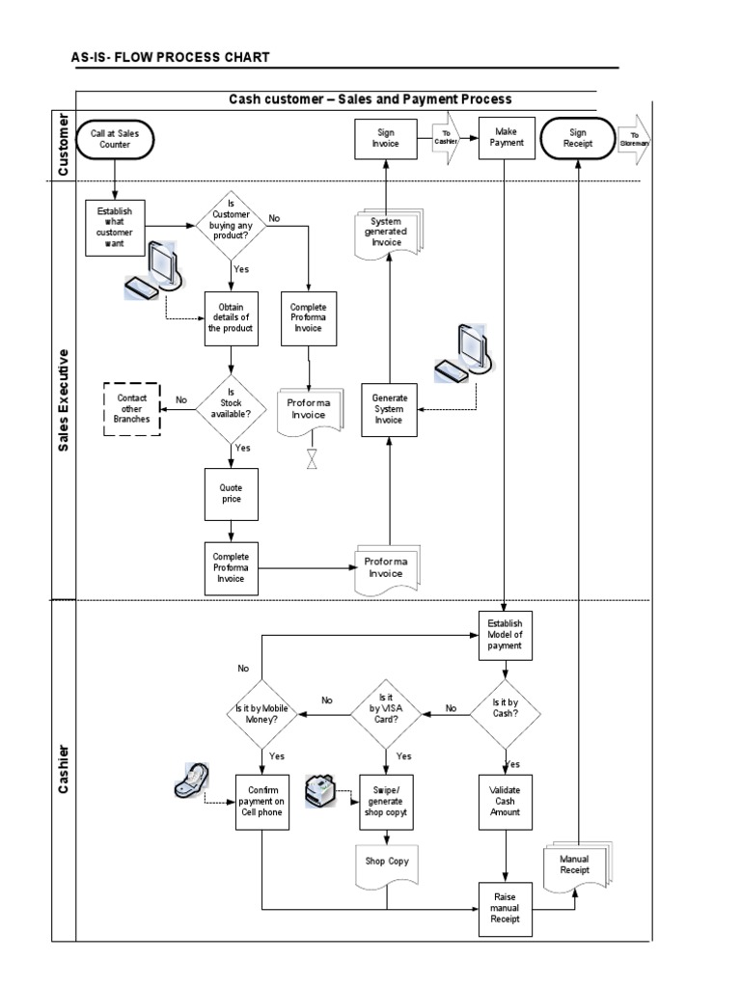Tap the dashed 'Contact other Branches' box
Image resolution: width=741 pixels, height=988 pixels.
[x=131, y=408]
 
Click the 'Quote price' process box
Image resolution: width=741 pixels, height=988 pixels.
[x=231, y=494]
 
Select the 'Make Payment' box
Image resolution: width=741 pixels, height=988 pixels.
[x=506, y=138]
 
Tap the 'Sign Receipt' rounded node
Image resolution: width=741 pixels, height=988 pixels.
[x=578, y=139]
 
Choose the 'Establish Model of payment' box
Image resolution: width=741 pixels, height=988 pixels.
[x=506, y=635]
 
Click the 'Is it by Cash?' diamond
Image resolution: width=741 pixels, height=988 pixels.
[x=505, y=715]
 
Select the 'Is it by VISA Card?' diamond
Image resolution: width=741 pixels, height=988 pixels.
[x=386, y=715]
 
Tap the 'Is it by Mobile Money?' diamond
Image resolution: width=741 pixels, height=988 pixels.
[x=261, y=715]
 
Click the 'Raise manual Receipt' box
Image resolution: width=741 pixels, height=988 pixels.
[x=506, y=908]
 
